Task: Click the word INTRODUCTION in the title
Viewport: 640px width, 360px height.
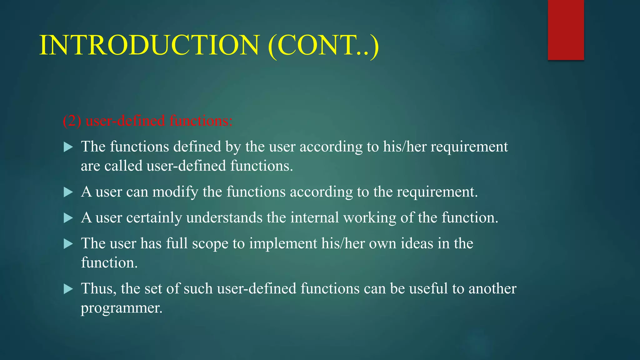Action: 149,45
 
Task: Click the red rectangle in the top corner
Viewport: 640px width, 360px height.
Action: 566,30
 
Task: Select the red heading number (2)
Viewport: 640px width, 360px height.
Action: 72,121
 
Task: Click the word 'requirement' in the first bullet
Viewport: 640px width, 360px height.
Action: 469,147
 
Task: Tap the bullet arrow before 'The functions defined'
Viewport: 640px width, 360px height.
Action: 68,147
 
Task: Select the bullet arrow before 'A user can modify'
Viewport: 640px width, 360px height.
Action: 68,192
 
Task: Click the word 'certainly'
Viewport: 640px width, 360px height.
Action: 154,218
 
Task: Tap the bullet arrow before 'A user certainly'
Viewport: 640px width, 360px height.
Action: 68,218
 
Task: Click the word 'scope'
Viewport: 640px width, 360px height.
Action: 210,244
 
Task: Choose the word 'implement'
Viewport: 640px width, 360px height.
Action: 283,244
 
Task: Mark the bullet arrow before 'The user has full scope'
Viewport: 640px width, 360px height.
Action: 68,244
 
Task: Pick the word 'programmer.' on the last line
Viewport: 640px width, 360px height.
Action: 122,308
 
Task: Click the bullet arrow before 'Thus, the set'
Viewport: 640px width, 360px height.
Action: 68,289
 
